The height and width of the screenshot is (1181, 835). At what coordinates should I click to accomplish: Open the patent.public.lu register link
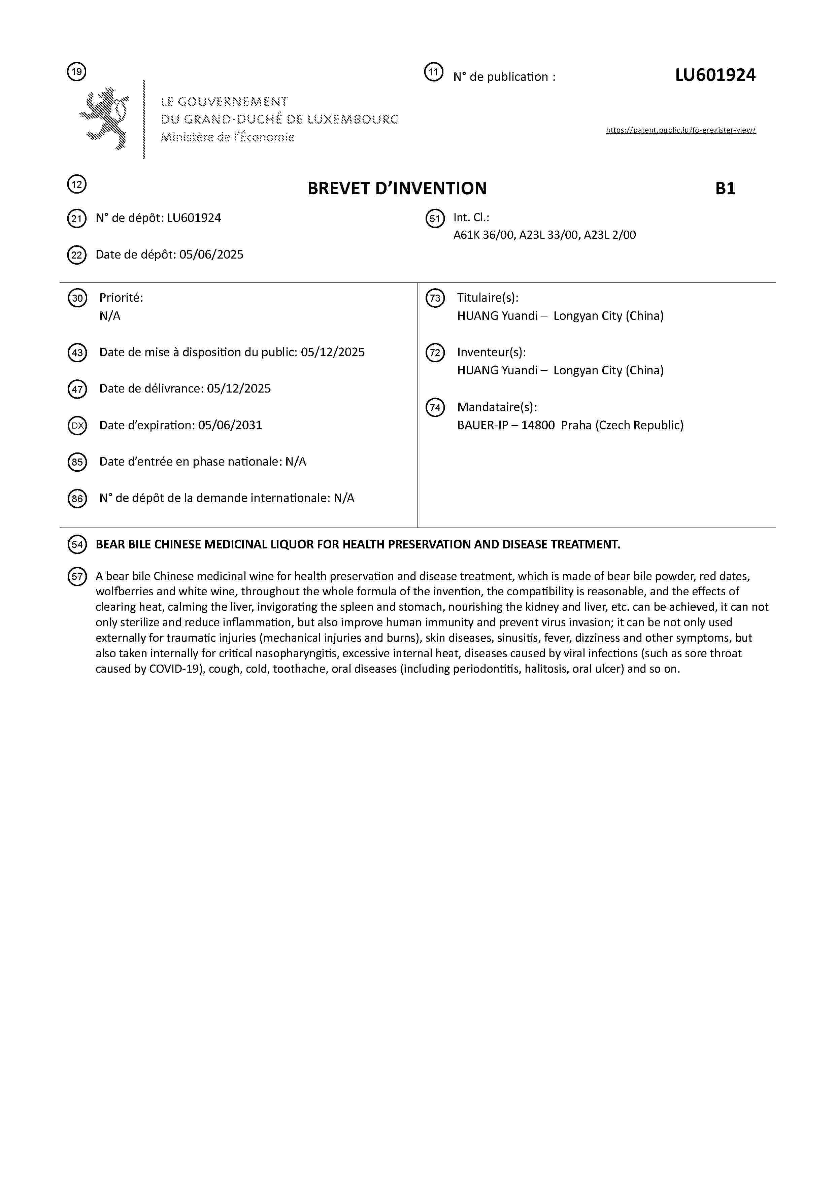(681, 130)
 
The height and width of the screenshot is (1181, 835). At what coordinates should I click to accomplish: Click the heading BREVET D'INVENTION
(397, 189)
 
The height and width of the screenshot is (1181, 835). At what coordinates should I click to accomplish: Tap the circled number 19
(77, 71)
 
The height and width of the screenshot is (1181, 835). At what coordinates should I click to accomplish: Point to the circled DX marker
(77, 426)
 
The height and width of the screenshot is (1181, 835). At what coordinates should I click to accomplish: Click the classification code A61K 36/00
(483, 235)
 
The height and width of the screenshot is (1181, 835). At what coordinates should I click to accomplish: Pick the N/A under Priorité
(109, 316)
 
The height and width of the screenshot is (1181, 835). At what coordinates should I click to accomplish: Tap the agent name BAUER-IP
(482, 426)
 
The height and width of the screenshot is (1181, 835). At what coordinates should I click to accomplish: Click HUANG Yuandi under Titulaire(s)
(497, 316)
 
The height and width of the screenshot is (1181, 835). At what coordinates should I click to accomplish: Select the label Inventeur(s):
(491, 352)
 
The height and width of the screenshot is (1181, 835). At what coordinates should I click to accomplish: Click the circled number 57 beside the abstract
(77, 577)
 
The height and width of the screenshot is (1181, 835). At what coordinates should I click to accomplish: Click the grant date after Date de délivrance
(239, 389)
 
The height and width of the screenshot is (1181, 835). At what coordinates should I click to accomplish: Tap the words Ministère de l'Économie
(227, 137)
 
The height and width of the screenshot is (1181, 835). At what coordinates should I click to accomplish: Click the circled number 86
(77, 499)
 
